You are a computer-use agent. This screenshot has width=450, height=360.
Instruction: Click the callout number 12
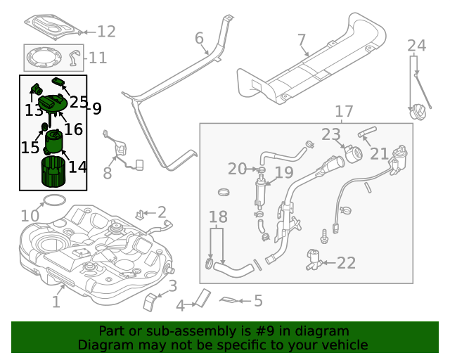click(x=106, y=32)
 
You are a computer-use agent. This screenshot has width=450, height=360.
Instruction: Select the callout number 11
click(x=97, y=58)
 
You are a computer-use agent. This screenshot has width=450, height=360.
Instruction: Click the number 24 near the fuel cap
click(x=417, y=46)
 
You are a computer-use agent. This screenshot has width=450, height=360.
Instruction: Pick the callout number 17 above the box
click(x=343, y=112)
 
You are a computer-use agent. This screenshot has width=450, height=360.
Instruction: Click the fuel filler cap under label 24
click(x=420, y=113)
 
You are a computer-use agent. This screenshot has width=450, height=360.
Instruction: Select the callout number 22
click(x=346, y=263)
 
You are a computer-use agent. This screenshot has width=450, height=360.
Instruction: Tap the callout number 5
click(x=258, y=301)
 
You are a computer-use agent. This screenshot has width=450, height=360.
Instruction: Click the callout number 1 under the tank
click(x=56, y=302)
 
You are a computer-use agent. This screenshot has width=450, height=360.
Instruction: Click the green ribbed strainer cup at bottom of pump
click(x=53, y=172)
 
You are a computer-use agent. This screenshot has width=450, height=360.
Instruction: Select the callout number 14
click(x=77, y=167)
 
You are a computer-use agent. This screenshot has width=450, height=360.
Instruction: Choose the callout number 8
click(x=108, y=173)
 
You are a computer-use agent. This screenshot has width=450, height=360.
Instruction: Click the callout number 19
click(x=283, y=172)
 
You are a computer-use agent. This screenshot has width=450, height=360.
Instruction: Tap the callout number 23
click(x=330, y=134)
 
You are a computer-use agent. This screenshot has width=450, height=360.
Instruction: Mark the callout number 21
click(x=379, y=153)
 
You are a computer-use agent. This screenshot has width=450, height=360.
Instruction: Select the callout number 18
click(x=219, y=217)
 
